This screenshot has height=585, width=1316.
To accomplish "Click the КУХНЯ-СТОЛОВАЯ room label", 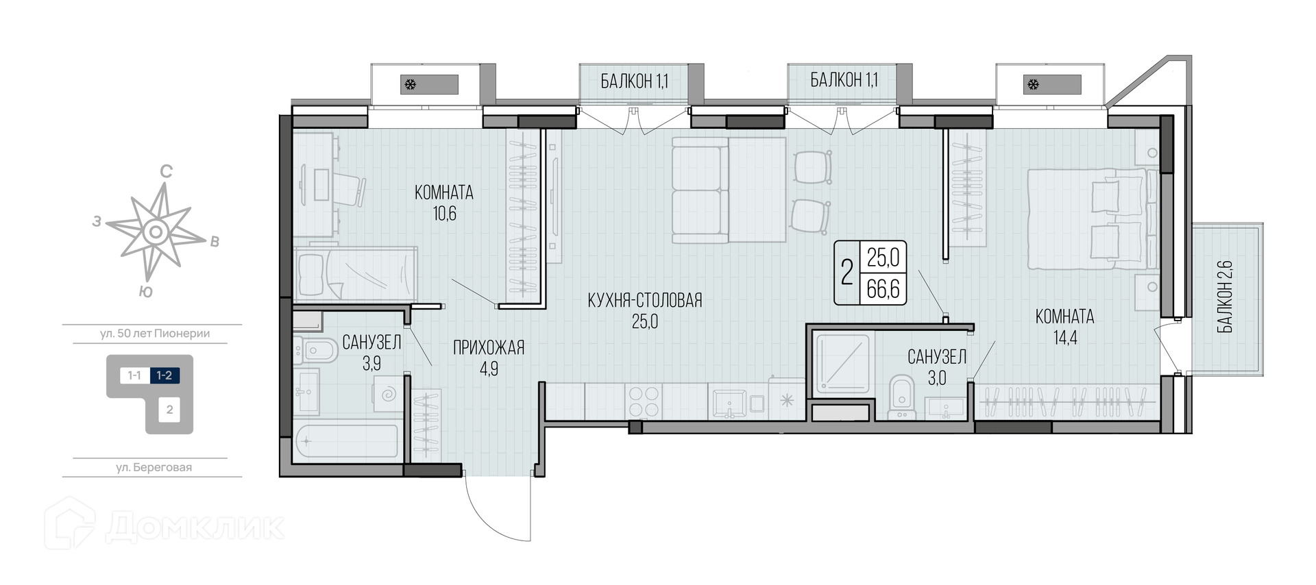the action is (x=645, y=300).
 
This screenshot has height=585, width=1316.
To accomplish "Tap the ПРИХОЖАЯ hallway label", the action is (x=489, y=348).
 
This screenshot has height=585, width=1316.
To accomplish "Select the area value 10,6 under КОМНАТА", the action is (x=444, y=214).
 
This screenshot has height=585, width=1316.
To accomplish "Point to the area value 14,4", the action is (x=1064, y=338).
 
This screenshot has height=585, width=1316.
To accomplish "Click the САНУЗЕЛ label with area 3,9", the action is (x=371, y=341).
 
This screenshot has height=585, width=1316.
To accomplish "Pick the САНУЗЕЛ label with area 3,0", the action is (x=937, y=356).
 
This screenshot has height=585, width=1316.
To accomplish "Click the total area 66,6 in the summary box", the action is (x=883, y=289).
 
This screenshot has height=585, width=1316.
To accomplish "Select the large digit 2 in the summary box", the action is (x=847, y=273).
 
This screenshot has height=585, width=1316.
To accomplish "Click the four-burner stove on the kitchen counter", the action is (x=644, y=401).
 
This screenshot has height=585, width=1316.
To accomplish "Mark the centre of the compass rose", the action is (x=156, y=232).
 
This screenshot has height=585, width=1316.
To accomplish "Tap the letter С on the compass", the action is (x=165, y=171).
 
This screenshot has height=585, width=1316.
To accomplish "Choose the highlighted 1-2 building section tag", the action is (x=164, y=375).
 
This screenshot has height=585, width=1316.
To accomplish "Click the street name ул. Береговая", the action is (x=154, y=468).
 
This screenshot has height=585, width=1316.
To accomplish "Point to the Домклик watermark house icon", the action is (x=69, y=523).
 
